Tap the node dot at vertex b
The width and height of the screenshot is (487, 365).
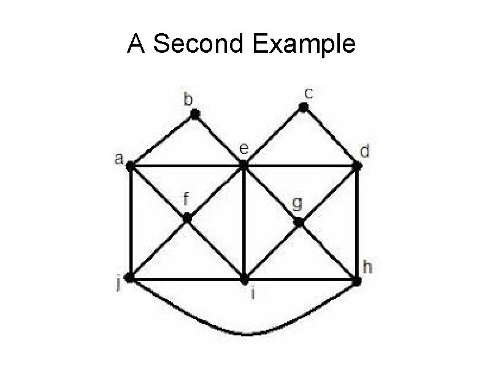pos(195,114)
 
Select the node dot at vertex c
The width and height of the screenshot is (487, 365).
pos(303,108)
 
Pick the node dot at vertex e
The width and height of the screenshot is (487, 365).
pos(243,165)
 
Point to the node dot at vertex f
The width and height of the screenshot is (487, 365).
pos(187,218)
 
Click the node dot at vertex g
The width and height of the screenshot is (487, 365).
pos(299,222)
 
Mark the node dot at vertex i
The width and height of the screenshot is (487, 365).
pos(244,280)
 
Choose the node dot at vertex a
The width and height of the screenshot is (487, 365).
pos(130,165)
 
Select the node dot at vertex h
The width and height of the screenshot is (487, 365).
pos(357,281)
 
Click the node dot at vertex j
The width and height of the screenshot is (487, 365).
pos(129,278)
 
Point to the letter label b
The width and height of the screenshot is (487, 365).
pos(188,99)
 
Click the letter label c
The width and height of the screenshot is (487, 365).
pos(309,93)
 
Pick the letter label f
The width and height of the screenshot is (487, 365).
pos(186,199)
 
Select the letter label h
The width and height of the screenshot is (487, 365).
pos(367,267)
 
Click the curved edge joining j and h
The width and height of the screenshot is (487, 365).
pos(245,333)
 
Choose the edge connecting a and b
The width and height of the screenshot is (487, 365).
pos(163,140)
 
